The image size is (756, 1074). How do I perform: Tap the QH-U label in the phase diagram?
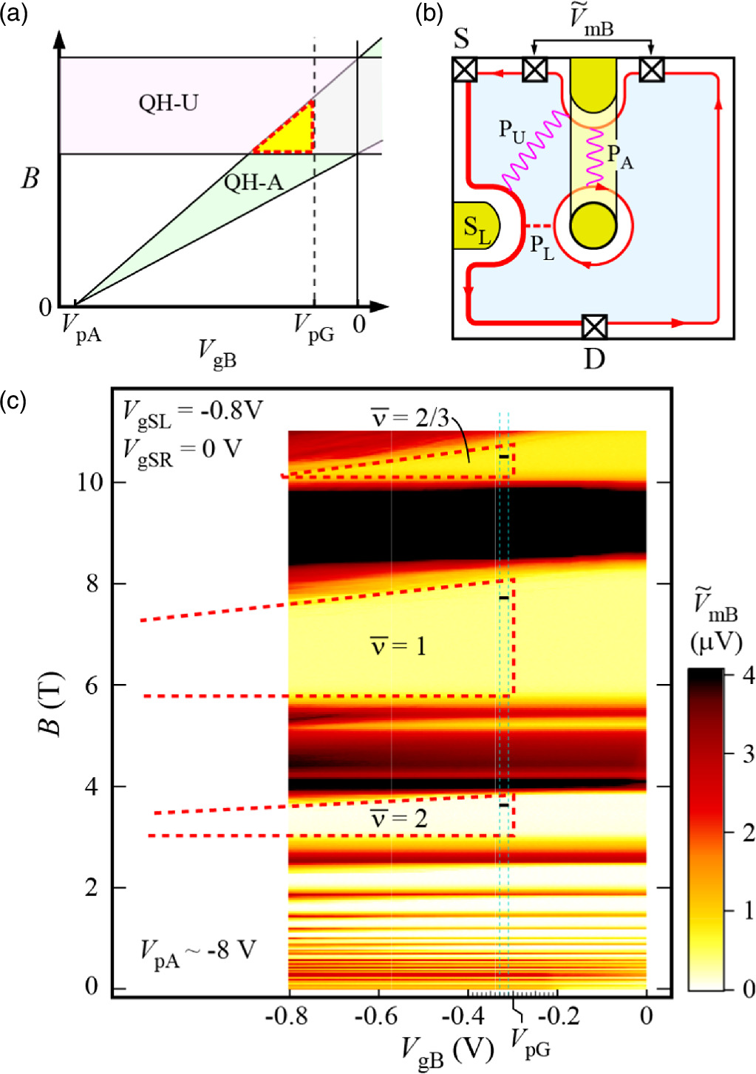168,103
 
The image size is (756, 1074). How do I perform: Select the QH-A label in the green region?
253,182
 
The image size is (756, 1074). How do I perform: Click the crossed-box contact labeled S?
464,70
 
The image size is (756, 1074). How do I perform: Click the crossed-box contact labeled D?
594,326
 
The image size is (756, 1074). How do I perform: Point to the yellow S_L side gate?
476,227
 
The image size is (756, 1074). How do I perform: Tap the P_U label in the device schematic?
512,131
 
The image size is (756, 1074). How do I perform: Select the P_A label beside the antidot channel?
619,156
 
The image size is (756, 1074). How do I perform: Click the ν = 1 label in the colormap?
398,646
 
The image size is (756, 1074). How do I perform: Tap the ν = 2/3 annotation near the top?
409,418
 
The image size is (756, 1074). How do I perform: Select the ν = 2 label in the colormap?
398,818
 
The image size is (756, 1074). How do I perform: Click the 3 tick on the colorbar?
747,753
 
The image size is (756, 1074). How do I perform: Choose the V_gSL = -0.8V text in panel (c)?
192,412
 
